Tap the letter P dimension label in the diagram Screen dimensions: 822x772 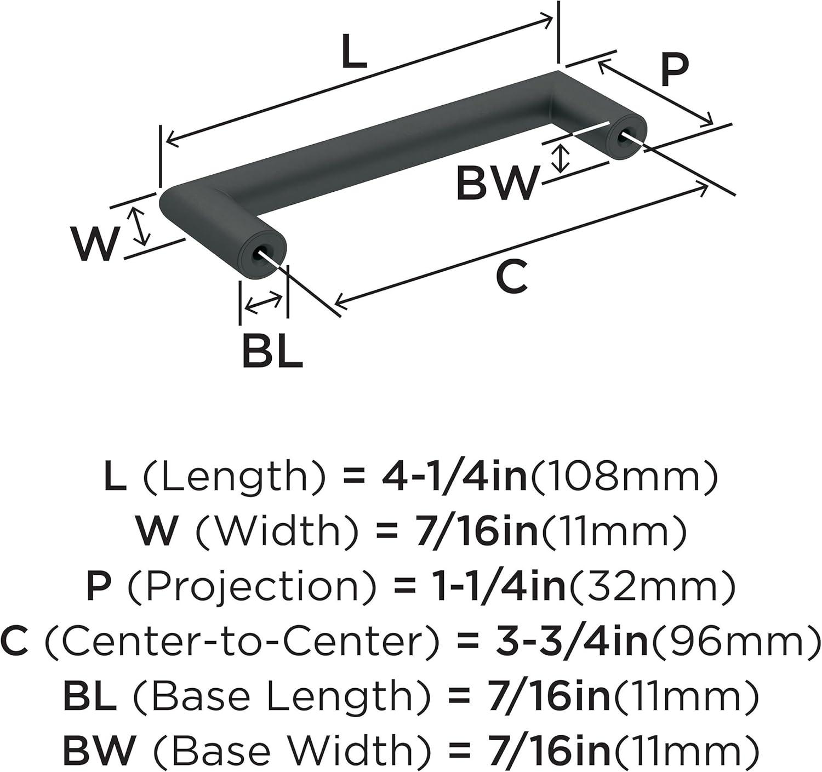coord(674,69)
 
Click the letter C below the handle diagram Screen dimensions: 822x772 coord(511,276)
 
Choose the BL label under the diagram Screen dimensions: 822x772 coord(272,351)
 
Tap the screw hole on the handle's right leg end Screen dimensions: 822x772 coord(624,136)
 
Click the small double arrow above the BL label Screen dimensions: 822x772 coord(264,302)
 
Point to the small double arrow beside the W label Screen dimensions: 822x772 coord(138,226)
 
